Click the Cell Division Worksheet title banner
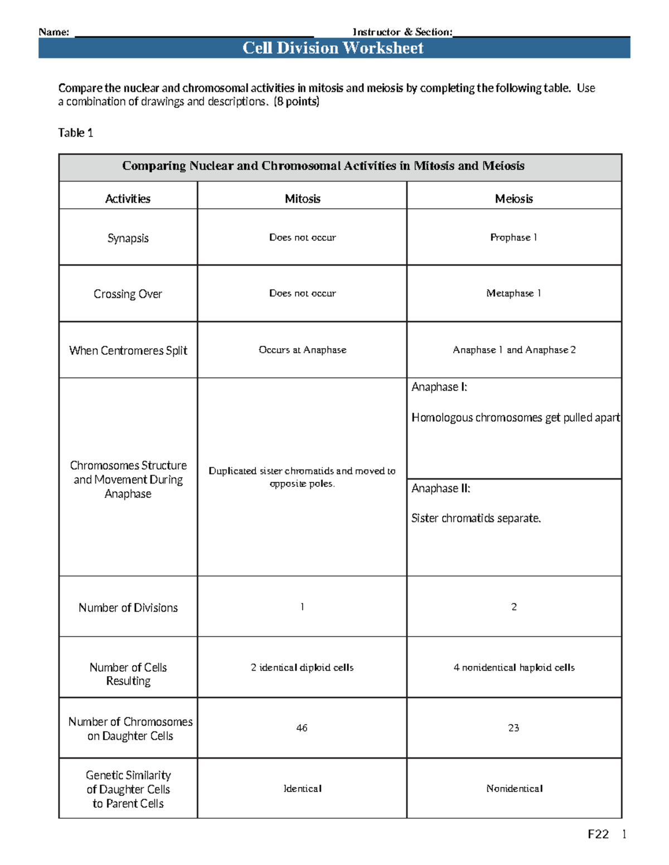333,48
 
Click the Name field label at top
54,32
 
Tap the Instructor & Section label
402,32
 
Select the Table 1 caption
75,133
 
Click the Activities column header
128,199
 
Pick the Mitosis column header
302,199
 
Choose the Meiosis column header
513,199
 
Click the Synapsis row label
128,238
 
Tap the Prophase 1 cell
513,237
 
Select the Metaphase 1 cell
513,293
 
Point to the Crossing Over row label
128,294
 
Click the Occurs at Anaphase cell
302,350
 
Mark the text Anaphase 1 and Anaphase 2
513,350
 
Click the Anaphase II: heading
440,488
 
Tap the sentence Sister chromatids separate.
476,518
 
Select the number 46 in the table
302,728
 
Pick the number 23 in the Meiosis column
513,728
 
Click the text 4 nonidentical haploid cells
513,667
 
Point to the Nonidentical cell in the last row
513,789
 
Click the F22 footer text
598,834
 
